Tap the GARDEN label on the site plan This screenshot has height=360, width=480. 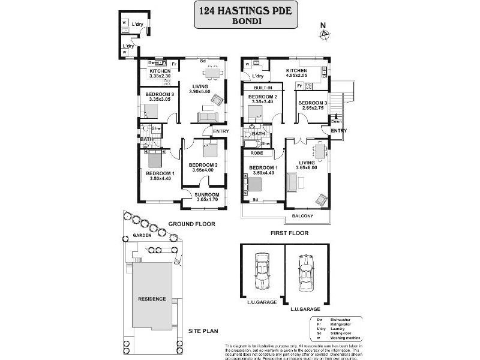[142, 236]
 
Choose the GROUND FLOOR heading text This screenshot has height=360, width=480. [191, 224]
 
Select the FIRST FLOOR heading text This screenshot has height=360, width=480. [290, 233]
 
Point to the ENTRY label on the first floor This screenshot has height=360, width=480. [339, 131]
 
